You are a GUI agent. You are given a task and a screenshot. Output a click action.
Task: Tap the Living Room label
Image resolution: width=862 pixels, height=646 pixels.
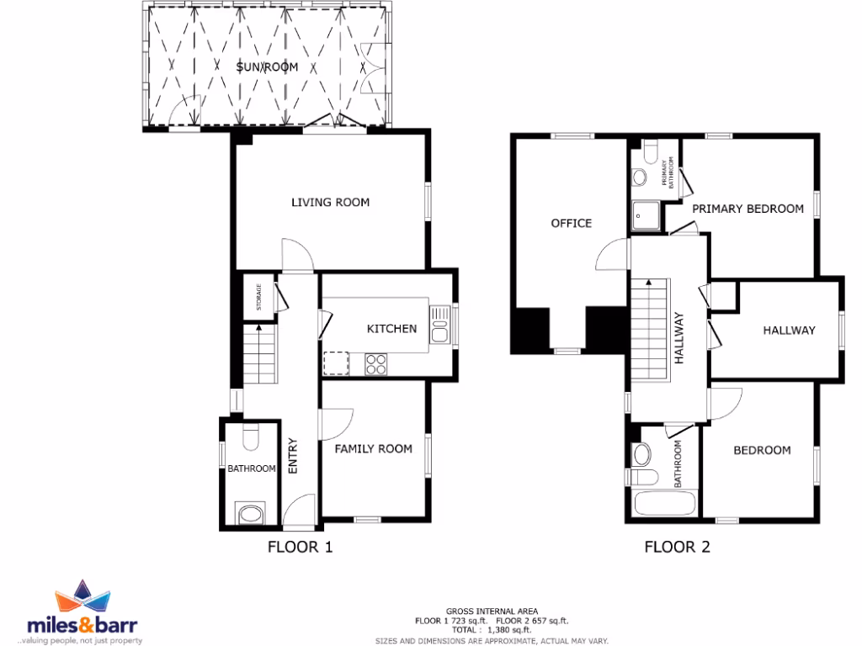(330, 203)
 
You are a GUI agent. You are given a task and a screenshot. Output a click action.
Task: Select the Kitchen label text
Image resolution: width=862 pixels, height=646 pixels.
(391, 328)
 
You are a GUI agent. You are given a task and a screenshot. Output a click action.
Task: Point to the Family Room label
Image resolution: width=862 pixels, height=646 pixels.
(374, 449)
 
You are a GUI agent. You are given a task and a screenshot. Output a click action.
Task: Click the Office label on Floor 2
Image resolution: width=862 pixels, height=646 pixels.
(571, 223)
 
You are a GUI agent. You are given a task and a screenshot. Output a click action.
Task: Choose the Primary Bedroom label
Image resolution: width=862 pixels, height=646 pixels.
(748, 209)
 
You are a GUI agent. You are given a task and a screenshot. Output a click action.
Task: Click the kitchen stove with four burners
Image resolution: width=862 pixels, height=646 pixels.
(375, 364)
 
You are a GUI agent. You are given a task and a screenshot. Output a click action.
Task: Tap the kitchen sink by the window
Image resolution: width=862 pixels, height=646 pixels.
(440, 324)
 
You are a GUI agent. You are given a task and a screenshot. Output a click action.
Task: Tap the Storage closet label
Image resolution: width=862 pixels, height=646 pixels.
(258, 298)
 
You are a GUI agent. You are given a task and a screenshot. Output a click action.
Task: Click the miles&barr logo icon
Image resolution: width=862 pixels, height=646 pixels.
(83, 599)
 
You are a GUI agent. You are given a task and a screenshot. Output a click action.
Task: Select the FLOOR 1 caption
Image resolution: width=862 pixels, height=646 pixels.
(300, 548)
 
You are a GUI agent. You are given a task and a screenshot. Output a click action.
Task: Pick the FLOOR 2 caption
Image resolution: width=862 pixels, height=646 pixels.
(677, 548)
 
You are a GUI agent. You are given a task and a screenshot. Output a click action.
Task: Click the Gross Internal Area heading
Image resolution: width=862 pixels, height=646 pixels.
(492, 611)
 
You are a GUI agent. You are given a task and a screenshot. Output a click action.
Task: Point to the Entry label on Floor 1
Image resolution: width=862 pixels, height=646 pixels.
(293, 456)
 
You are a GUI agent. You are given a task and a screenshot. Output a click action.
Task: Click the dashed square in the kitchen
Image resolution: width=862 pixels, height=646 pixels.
(336, 363)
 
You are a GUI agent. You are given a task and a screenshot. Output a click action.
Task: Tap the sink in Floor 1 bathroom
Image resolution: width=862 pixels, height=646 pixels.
(250, 513)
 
